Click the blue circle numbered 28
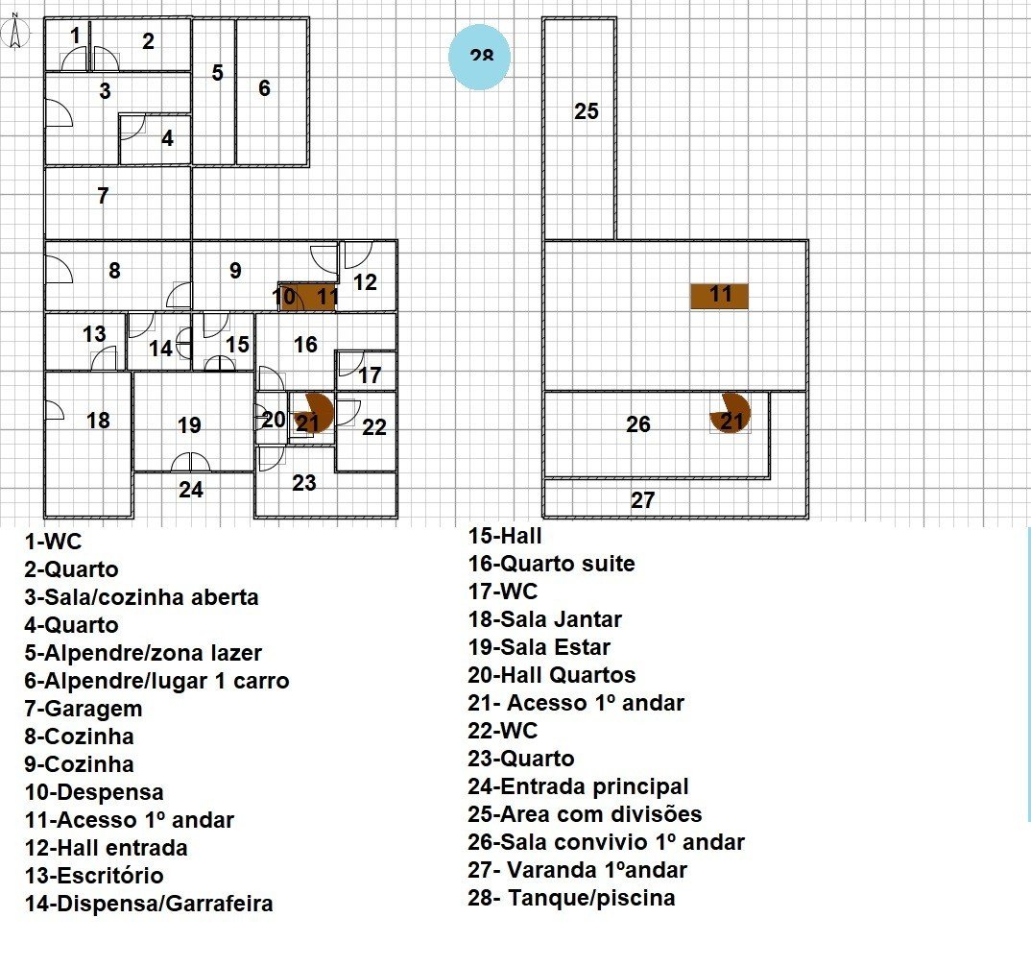coord(480,57)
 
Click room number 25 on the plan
coord(587,111)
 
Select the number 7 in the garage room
coord(103,196)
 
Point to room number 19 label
coord(189,424)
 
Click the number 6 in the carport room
coord(264,88)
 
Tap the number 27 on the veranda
coord(643,500)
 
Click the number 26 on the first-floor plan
coord(638,424)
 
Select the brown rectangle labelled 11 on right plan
coord(720,295)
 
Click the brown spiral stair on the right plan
coord(731,413)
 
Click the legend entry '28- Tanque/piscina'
coord(571,898)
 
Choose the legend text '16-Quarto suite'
coord(551,564)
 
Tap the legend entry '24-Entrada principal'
coord(578,786)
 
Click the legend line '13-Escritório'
coord(94,876)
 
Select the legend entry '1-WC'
coord(54,542)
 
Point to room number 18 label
coord(98,420)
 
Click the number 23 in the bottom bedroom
coord(304,483)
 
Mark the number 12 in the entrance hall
coord(365,282)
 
